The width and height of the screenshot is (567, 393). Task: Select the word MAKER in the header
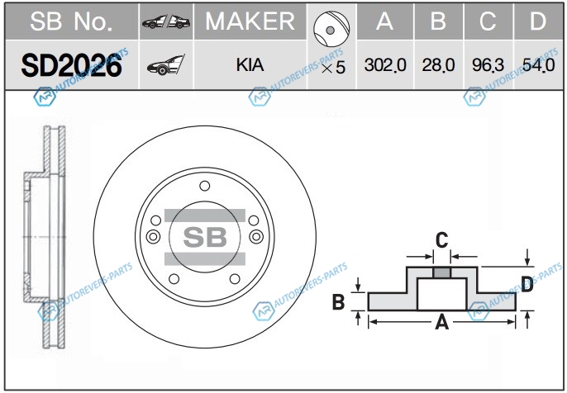click(x=250, y=21)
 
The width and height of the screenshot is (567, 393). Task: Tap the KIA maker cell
click(x=250, y=64)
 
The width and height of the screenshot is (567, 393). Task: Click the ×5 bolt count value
click(x=332, y=68)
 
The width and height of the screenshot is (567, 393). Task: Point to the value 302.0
click(x=384, y=65)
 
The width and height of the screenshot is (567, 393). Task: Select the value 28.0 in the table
click(x=436, y=65)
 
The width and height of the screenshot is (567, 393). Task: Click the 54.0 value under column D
click(x=538, y=65)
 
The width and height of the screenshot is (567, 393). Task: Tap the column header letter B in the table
click(x=437, y=21)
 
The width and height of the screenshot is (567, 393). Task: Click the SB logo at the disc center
click(x=204, y=237)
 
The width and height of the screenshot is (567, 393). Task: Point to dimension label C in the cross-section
click(x=442, y=240)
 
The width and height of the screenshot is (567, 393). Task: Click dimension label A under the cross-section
click(x=442, y=323)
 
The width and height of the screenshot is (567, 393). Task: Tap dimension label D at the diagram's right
click(x=526, y=286)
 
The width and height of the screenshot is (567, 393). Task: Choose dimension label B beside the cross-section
click(x=337, y=303)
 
